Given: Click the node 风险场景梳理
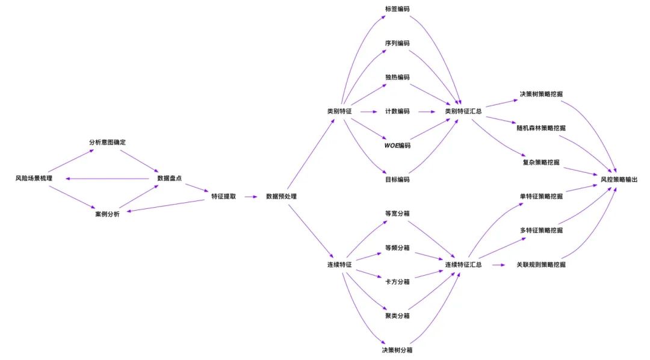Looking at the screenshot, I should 34,179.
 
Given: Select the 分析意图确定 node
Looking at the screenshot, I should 107,143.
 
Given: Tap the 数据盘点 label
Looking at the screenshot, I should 170,179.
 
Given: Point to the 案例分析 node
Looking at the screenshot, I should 107,214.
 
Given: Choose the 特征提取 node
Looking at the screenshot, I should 223,196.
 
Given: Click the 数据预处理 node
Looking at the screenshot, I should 281,196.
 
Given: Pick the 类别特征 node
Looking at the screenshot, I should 339,111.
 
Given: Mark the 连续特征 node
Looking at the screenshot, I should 339,265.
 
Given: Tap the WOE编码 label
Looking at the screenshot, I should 397,146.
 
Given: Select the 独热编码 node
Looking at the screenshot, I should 397,78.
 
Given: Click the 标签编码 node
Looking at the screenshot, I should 397,9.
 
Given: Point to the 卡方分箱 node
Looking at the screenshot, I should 397,282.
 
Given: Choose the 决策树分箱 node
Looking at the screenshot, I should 397,350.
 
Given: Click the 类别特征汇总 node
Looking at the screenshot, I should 463,111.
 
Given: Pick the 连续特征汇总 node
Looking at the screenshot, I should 463,265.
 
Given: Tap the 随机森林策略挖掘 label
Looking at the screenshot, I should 541,128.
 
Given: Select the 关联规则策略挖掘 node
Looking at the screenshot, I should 541,265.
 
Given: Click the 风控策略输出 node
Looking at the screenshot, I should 619,179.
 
